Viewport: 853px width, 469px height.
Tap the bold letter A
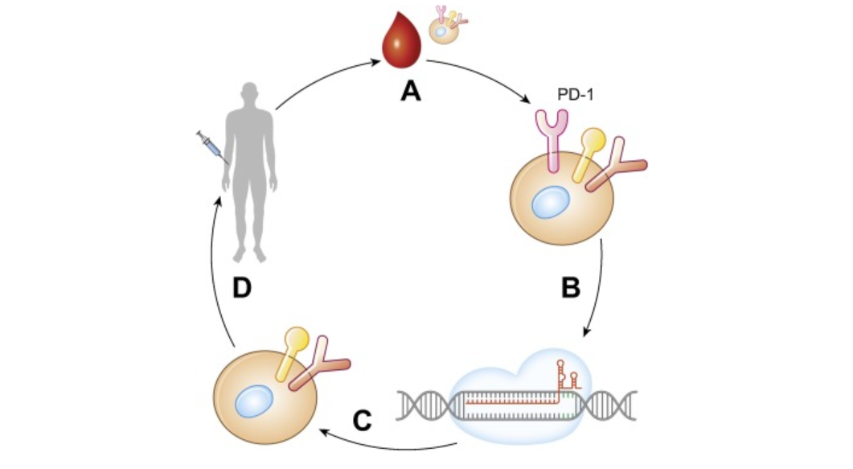[x=411, y=93]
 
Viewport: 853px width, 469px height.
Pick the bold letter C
[x=363, y=419]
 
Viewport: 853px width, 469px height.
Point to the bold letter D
[x=244, y=287]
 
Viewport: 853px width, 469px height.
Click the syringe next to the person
[x=210, y=145]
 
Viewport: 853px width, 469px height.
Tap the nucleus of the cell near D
[x=256, y=399]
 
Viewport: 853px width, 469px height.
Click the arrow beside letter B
[x=598, y=290]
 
